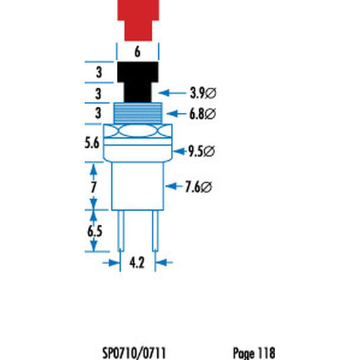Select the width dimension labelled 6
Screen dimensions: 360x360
(138, 51)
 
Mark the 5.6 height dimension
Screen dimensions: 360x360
(94, 143)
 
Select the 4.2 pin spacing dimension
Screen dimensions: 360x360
(138, 263)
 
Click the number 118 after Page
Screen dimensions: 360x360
(266, 353)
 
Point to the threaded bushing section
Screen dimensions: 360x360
(138, 113)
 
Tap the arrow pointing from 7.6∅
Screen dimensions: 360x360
(173, 188)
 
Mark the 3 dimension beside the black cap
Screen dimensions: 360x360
(99, 72)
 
